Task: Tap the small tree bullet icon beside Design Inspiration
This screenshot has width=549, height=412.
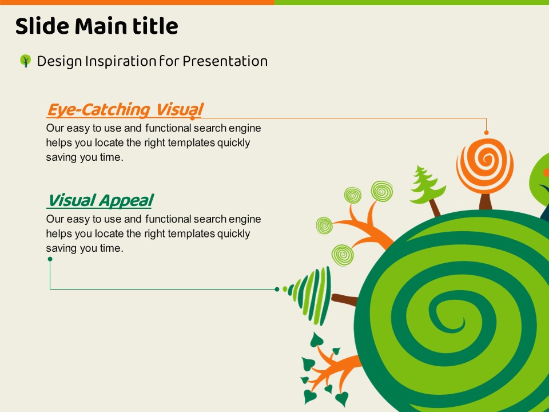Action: [x=25, y=61]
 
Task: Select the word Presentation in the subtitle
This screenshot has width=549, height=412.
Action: [x=225, y=61]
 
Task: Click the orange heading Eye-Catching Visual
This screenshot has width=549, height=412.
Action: [x=125, y=110]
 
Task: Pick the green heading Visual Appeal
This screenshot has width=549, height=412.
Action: [x=100, y=201]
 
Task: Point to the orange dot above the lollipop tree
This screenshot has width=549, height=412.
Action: [x=486, y=132]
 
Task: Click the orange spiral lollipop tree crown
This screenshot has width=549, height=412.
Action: [x=485, y=166]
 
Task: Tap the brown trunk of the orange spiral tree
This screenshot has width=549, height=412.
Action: [x=486, y=201]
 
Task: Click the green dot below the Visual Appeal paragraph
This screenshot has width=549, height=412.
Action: [x=50, y=259]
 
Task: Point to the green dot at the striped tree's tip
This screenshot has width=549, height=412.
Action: [x=277, y=289]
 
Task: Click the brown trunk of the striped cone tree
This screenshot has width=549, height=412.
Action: [x=344, y=300]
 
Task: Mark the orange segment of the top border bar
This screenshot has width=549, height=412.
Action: [x=137, y=2]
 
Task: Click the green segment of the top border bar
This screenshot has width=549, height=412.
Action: [x=412, y=2]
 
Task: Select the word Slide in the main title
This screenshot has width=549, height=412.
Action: [x=42, y=26]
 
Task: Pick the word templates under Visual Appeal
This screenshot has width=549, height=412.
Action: [x=191, y=234]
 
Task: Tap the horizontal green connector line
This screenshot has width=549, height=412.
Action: [x=164, y=289]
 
